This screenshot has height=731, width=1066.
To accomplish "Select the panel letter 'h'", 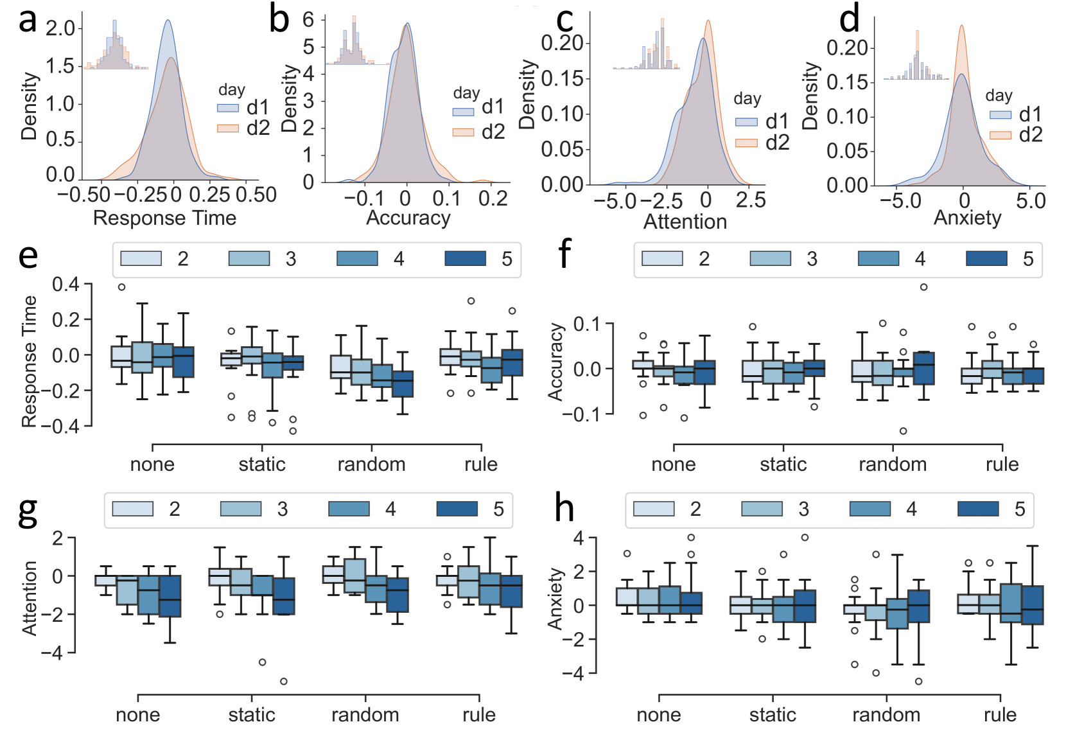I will coord(564,509).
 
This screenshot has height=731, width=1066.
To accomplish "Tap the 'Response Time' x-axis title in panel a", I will coord(164,218).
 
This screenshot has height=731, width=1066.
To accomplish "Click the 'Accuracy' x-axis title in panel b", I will coord(408,218).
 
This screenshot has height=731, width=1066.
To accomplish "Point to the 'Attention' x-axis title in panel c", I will coord(685,222).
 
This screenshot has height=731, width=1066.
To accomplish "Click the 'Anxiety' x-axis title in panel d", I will coord(967,218).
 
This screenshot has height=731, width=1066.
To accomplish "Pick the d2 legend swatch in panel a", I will coord(228,128).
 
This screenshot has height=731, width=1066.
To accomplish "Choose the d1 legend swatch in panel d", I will coord(1000,114).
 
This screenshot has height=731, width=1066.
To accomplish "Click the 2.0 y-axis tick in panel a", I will coord(61,29).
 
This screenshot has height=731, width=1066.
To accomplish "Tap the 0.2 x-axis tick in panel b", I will coord(493,198).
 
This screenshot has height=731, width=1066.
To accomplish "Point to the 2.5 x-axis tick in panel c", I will coord(751,200).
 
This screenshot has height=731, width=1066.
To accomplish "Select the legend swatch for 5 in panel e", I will coord(466,259).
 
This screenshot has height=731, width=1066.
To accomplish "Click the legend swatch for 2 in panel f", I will coord(662,259).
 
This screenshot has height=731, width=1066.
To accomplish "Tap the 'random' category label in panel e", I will coord(371,464).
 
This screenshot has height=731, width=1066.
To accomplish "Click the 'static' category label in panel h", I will coord(773,715).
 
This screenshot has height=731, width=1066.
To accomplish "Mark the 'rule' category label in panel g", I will coord(479,715).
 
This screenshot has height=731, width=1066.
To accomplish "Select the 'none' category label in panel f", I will coord(674,464).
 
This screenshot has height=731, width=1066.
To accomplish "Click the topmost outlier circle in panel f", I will coord(923,287).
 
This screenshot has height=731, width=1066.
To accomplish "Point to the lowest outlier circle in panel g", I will coord(283,681).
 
